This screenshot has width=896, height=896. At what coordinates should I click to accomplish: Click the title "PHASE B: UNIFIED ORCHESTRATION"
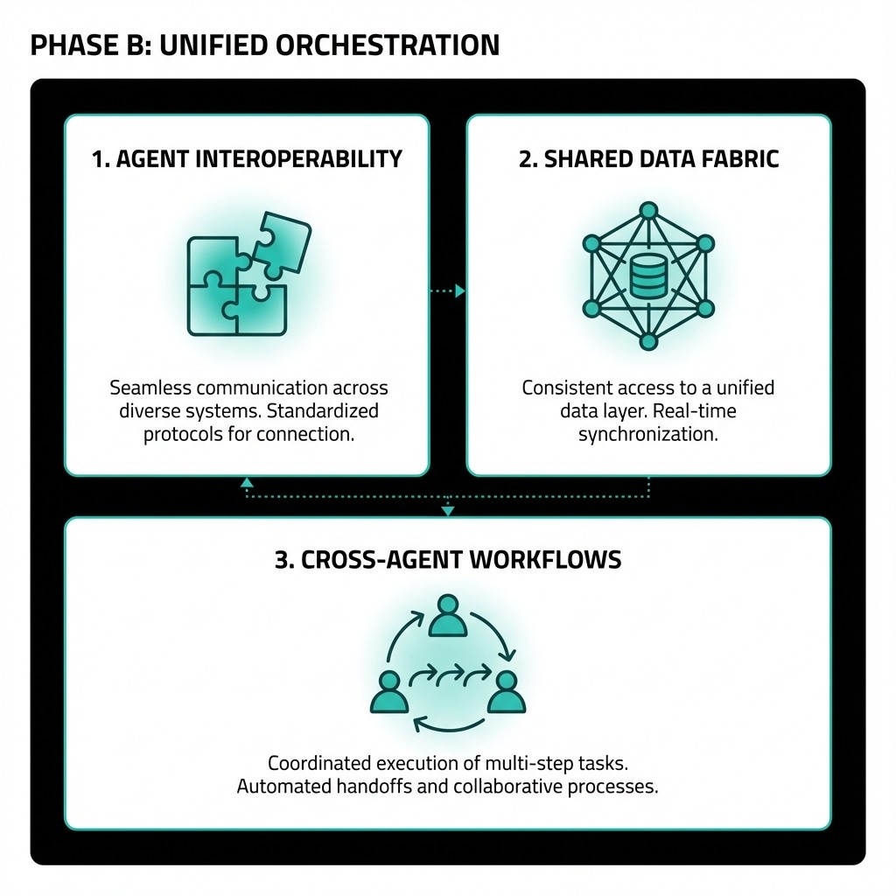264,45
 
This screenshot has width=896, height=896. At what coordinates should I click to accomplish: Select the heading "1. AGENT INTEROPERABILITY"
248,159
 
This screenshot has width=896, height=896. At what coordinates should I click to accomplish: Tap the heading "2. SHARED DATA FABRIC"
648,159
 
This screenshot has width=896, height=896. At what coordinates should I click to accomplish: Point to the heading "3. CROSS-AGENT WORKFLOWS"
448,560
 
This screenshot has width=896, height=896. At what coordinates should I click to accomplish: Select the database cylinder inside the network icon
648,277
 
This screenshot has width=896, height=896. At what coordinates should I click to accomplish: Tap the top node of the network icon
648,211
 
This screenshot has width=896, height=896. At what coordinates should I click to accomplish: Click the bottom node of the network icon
648,342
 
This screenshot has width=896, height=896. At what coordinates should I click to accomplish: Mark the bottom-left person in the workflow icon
388,691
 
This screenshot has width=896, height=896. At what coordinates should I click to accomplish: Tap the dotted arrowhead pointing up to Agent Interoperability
248,482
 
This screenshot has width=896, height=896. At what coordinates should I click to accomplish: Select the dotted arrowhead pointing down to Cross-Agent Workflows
448,510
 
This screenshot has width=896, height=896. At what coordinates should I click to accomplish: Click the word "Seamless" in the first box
149,388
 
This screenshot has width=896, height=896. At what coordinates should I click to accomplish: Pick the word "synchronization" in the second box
648,434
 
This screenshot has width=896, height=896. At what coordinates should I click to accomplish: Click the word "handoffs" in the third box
370,787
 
